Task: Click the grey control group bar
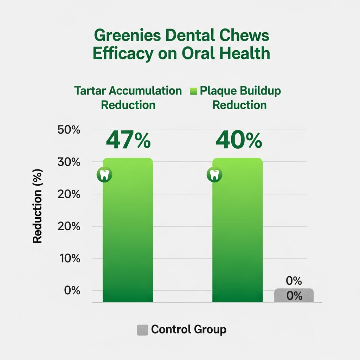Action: coord(294,295)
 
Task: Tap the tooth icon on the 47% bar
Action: coord(104,174)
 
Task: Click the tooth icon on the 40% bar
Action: coord(214,174)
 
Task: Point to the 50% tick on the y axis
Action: coord(68,130)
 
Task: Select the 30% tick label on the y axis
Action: coord(68,162)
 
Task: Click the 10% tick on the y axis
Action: coord(68,259)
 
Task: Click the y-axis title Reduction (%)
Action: coord(37,206)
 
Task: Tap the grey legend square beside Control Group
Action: coord(142,330)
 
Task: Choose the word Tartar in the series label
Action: coord(89,91)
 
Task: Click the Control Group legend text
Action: coord(189,330)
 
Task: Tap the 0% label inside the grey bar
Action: coord(295,296)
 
